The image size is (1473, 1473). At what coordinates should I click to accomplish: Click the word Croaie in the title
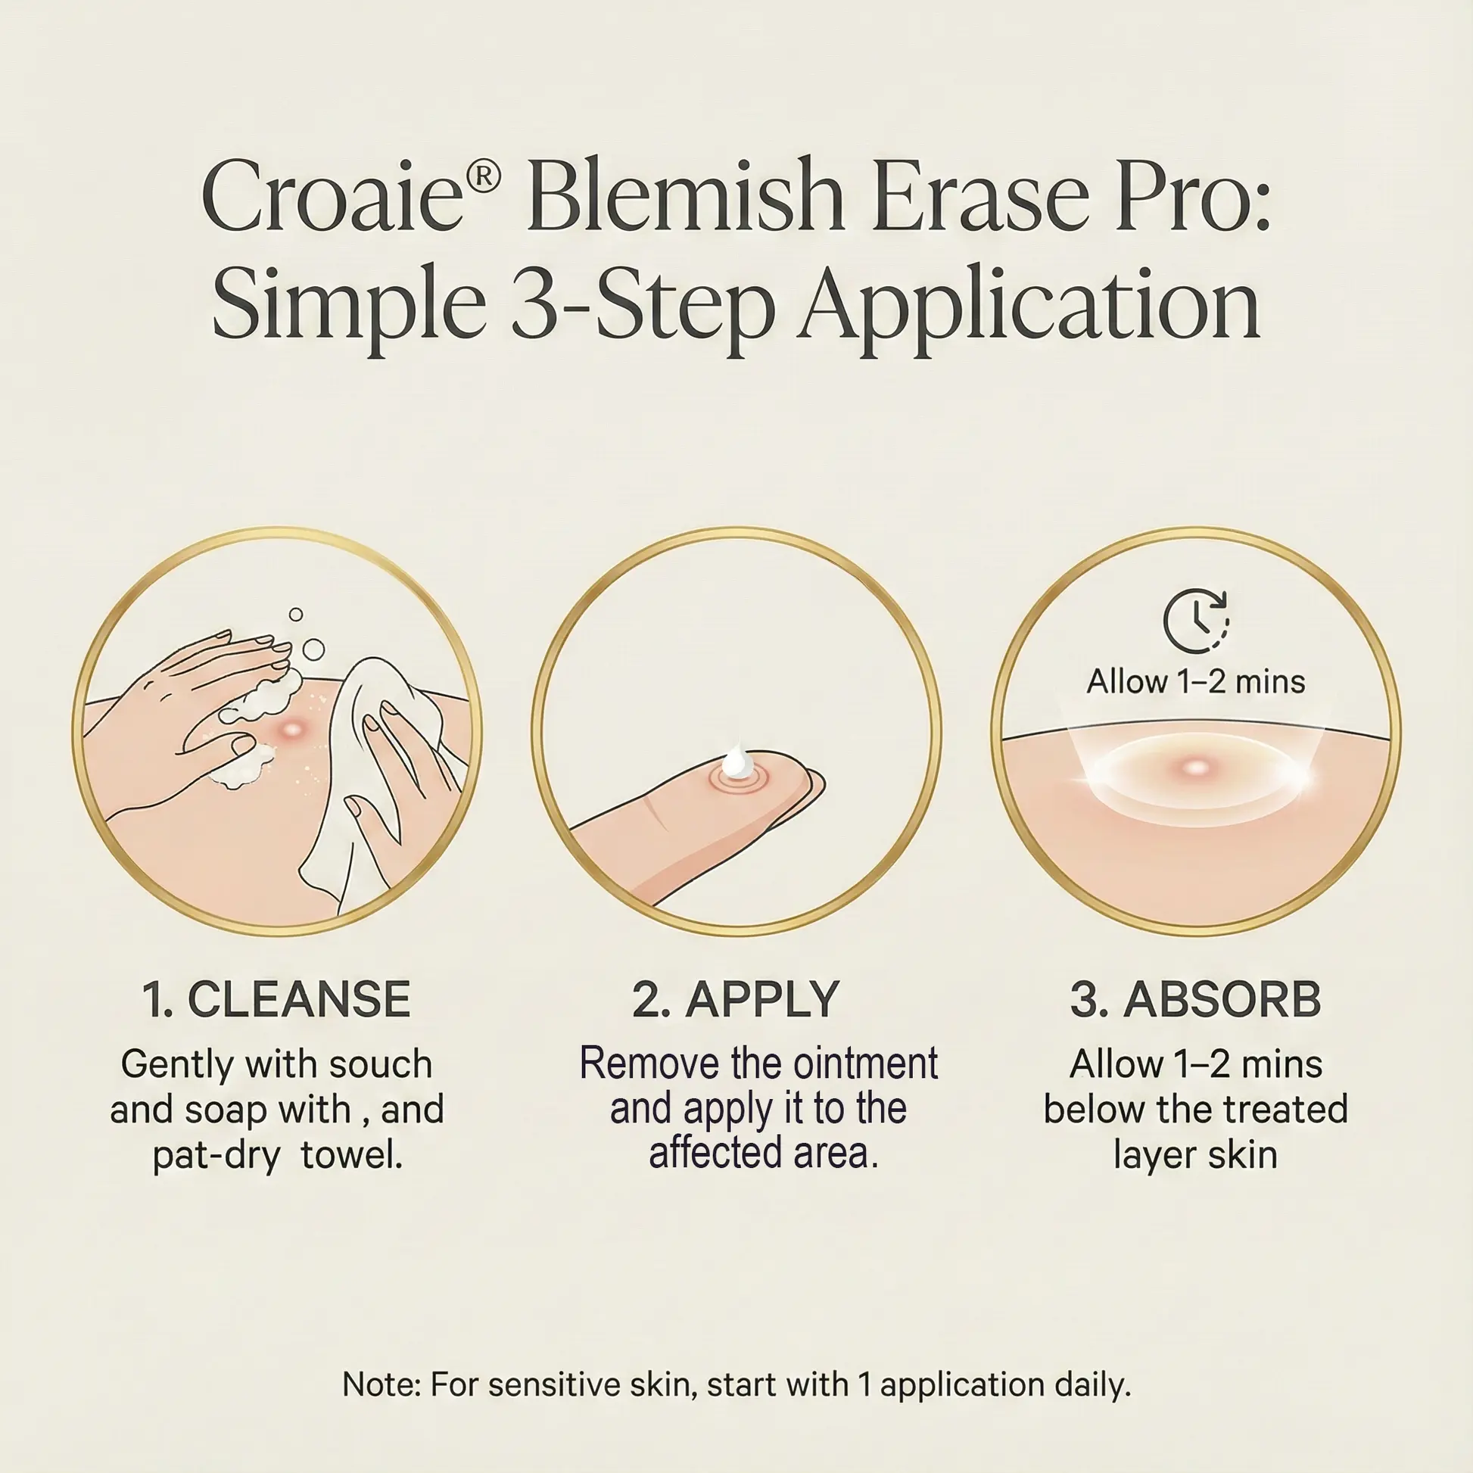pos(332,197)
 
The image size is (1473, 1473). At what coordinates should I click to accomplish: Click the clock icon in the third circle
pos(1195,620)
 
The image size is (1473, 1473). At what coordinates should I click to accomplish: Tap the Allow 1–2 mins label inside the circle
pos(1195,680)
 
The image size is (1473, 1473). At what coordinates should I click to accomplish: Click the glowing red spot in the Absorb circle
pos(1195,767)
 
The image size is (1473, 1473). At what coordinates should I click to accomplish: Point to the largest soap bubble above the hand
pos(313,649)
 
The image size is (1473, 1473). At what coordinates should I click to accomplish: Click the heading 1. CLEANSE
pos(276,999)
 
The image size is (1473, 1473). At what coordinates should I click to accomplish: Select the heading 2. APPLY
pos(736,999)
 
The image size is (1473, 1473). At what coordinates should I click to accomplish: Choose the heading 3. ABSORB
pos(1195,999)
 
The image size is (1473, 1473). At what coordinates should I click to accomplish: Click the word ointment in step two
pos(864,1063)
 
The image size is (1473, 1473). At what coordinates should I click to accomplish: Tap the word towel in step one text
pos(351,1155)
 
